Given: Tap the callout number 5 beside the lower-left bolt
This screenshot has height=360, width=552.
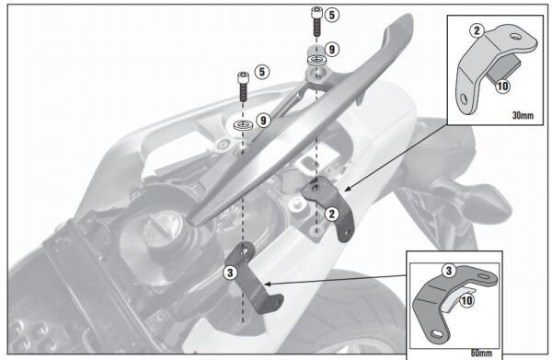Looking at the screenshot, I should tap(261, 70).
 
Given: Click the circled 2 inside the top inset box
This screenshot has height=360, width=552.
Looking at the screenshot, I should tap(477, 30).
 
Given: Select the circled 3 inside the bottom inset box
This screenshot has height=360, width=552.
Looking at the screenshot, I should tap(448, 271).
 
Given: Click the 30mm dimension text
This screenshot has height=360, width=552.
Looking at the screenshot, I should tap(520, 115).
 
